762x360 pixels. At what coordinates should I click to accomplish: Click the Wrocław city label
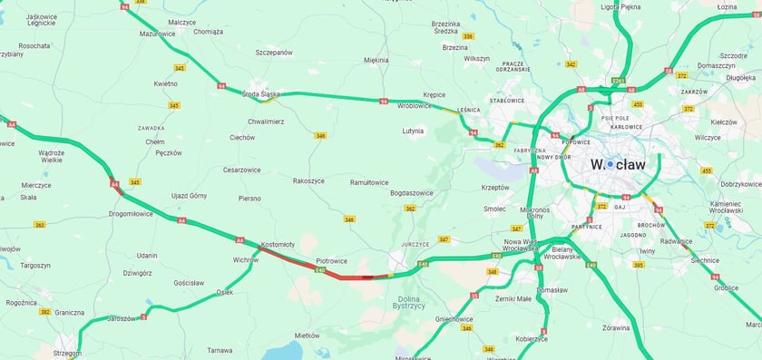pos(618,164)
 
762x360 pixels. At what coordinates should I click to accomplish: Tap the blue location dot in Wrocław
pos(611,164)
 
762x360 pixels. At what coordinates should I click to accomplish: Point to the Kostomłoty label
pos(278,245)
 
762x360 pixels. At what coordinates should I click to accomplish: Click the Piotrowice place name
pos(331,260)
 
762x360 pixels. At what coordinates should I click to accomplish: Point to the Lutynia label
pos(413,131)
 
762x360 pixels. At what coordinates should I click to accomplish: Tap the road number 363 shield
pos(39,224)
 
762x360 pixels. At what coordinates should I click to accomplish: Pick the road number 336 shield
pos(468,36)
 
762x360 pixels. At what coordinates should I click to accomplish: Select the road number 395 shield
pos(638,265)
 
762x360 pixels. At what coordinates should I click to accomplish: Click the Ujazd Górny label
pos(190,195)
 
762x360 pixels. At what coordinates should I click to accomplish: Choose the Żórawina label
pos(615,327)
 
